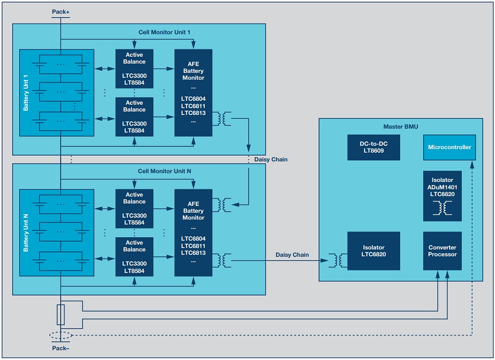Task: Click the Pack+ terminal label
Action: pyautogui.click(x=61, y=11)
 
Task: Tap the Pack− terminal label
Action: pyautogui.click(x=61, y=348)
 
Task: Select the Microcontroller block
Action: pyautogui.click(x=449, y=147)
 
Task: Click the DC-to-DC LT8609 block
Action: pyautogui.click(x=373, y=147)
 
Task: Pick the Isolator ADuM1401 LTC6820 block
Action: pyautogui.click(x=442, y=196)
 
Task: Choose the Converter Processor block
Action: pyautogui.click(x=442, y=251)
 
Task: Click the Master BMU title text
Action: pyautogui.click(x=401, y=127)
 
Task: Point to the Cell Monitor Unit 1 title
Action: pyautogui.click(x=164, y=32)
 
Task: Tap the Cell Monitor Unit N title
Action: pyautogui.click(x=164, y=172)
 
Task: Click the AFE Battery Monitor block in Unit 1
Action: pyautogui.click(x=194, y=92)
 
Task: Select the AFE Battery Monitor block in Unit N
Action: pyautogui.click(x=194, y=232)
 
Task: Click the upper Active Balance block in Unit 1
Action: pyautogui.click(x=134, y=68)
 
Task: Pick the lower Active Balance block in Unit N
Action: pyautogui.click(x=134, y=256)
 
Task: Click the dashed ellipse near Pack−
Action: pyautogui.click(x=61, y=336)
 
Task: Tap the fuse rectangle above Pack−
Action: pyautogui.click(x=61, y=315)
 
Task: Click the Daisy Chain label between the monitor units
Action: pyautogui.click(x=271, y=159)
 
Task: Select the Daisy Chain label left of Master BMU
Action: pyautogui.click(x=292, y=255)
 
